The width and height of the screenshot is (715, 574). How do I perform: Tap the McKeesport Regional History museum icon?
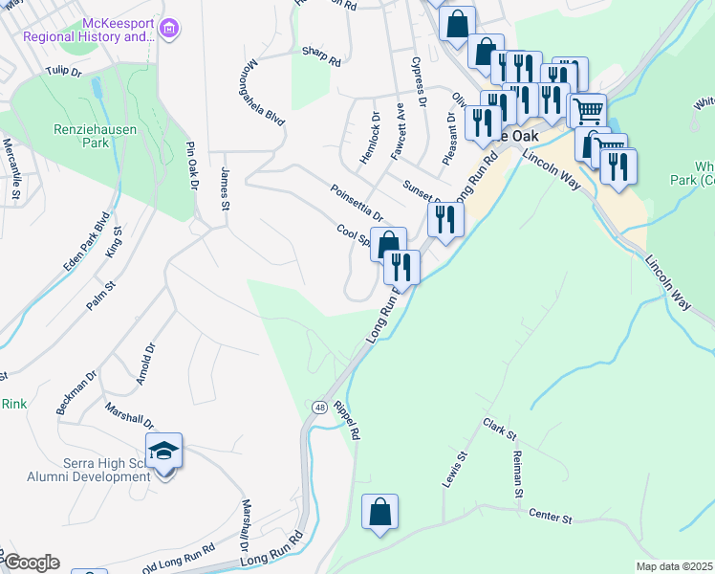point(170,30)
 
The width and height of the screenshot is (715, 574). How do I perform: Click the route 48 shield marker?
point(317,408)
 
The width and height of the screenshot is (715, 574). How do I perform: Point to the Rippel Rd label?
point(346,421)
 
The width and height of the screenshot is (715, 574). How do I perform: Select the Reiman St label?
point(517,474)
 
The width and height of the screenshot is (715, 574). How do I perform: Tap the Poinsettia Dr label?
point(357,202)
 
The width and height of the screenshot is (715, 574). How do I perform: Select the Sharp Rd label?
point(321,57)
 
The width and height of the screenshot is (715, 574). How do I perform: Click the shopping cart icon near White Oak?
point(589,111)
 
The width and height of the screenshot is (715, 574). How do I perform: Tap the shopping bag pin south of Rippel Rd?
point(380,512)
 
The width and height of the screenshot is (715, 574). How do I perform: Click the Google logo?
point(31,563)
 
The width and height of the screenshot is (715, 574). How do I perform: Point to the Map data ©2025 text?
point(673,566)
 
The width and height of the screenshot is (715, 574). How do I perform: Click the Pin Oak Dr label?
point(191,166)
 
